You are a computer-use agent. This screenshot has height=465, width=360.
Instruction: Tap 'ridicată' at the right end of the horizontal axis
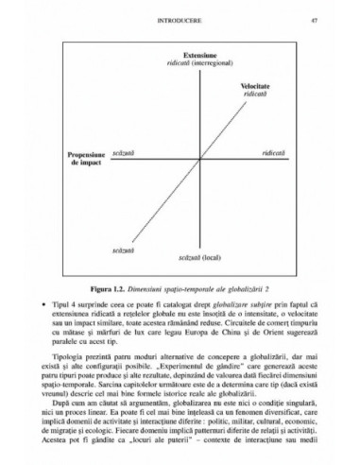(273, 151)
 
